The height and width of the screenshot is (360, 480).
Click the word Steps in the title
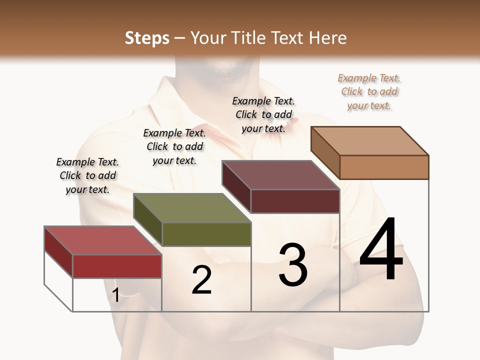point(147,38)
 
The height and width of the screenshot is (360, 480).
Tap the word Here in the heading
point(327,38)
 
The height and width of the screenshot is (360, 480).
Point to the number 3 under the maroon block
point(293,265)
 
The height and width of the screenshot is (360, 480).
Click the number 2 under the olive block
point(202,280)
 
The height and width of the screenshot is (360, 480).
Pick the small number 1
point(116,295)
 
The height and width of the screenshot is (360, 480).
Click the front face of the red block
point(117,266)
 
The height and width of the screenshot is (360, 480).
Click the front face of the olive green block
point(206,234)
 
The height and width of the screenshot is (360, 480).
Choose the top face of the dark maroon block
point(281,175)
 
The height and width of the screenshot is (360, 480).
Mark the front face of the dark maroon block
point(295,201)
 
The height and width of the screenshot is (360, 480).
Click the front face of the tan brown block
point(384,167)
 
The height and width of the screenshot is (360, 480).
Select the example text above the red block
point(87,175)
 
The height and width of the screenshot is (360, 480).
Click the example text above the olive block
point(174,146)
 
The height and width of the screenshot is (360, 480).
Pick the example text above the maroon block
point(263,114)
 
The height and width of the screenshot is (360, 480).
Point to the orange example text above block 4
point(369,92)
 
